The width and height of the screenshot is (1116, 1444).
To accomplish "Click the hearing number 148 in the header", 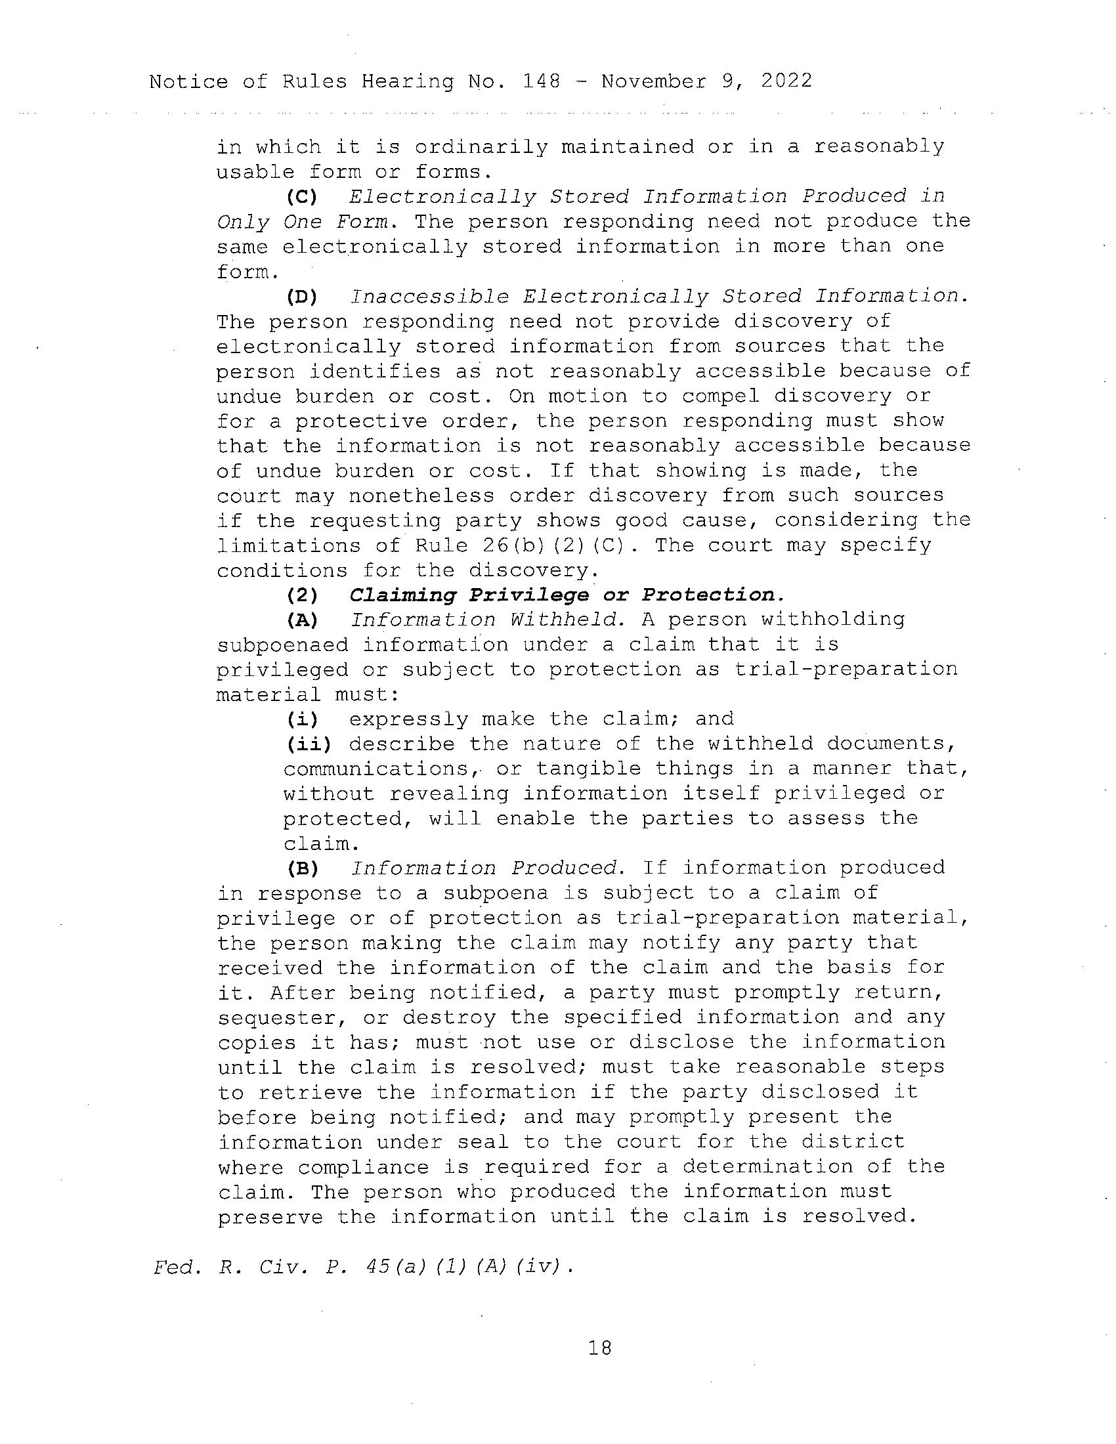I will pyautogui.click(x=541, y=81).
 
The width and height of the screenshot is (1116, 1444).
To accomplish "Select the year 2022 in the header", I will pyautogui.click(x=786, y=81).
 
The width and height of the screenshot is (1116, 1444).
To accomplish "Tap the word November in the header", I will pyautogui.click(x=653, y=81).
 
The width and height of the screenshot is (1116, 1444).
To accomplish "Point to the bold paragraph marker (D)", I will pyautogui.click(x=301, y=297).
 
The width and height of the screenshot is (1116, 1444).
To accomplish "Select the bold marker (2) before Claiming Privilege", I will pyautogui.click(x=301, y=595).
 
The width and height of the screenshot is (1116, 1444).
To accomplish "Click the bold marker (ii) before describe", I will pyautogui.click(x=307, y=744).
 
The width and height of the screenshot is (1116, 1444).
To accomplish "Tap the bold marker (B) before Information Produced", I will pyautogui.click(x=301, y=868).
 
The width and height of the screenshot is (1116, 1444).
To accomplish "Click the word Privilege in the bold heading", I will pyautogui.click(x=528, y=595).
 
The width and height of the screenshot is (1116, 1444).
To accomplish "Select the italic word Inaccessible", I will pyautogui.click(x=429, y=297).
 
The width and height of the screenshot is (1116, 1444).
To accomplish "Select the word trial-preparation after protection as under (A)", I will pyautogui.click(x=846, y=669).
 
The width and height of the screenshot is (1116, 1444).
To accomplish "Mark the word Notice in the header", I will pyautogui.click(x=188, y=81).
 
